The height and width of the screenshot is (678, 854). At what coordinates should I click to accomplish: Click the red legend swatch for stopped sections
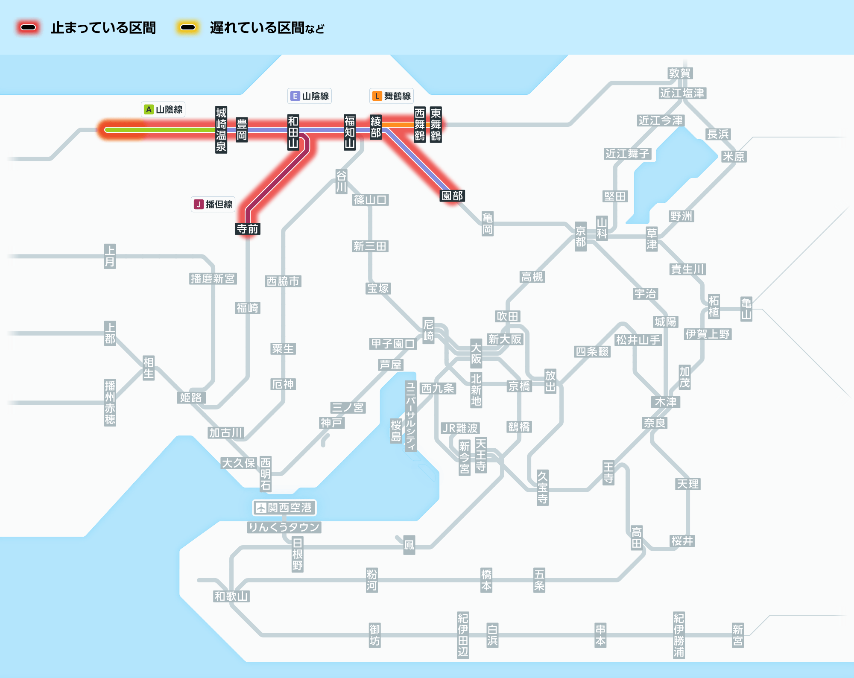pyautogui.click(x=28, y=28)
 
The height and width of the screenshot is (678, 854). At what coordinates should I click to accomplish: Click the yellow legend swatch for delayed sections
pyautogui.click(x=187, y=28)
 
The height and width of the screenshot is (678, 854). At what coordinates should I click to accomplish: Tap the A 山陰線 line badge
pyautogui.click(x=163, y=110)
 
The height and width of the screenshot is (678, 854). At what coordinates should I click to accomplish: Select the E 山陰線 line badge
pyautogui.click(x=310, y=96)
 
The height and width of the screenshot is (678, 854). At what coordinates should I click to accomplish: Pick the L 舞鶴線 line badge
pyautogui.click(x=392, y=96)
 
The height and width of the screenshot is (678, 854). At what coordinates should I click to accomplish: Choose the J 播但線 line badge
pyautogui.click(x=213, y=205)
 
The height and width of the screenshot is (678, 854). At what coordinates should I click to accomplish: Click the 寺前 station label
pyautogui.click(x=248, y=229)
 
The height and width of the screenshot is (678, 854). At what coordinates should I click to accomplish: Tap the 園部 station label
pyautogui.click(x=452, y=196)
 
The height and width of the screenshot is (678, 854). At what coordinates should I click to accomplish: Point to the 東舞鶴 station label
pyautogui.click(x=436, y=124)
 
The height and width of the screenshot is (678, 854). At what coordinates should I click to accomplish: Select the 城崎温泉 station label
pyautogui.click(x=221, y=130)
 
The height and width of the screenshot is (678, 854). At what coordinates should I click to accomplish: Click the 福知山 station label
pyautogui.click(x=350, y=132)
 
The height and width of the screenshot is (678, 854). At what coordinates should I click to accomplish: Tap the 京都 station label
pyautogui.click(x=580, y=237)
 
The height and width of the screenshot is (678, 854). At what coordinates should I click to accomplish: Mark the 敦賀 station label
pyautogui.click(x=680, y=73)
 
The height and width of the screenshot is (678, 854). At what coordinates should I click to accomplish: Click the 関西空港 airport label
pyautogui.click(x=284, y=508)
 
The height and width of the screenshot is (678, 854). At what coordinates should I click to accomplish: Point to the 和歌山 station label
pyautogui.click(x=231, y=596)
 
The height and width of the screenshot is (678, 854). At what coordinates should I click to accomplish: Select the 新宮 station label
pyautogui.click(x=737, y=635)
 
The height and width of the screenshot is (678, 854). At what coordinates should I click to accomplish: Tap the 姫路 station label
pyautogui.click(x=191, y=397)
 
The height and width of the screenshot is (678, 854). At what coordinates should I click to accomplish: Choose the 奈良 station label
pyautogui.click(x=655, y=423)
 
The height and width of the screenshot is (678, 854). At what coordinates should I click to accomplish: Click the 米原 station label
pyautogui.click(x=734, y=157)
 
